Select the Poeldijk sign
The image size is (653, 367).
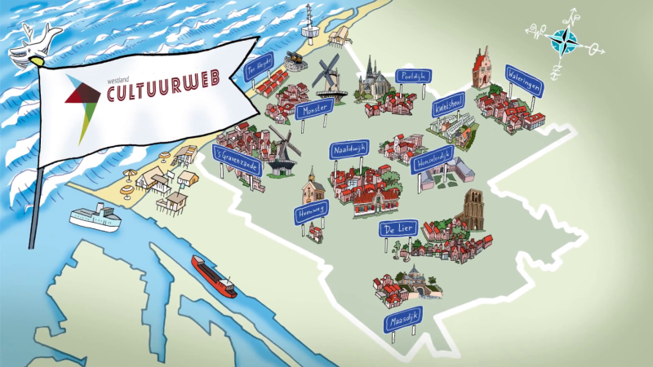coord(413,77)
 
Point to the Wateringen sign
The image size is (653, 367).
coord(525,81)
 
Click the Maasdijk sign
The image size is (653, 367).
coord(402,321)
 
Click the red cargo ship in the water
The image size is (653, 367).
coord(214,276)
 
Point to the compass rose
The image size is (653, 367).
coord(564,38)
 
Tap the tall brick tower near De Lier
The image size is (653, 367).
coord(474,210)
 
